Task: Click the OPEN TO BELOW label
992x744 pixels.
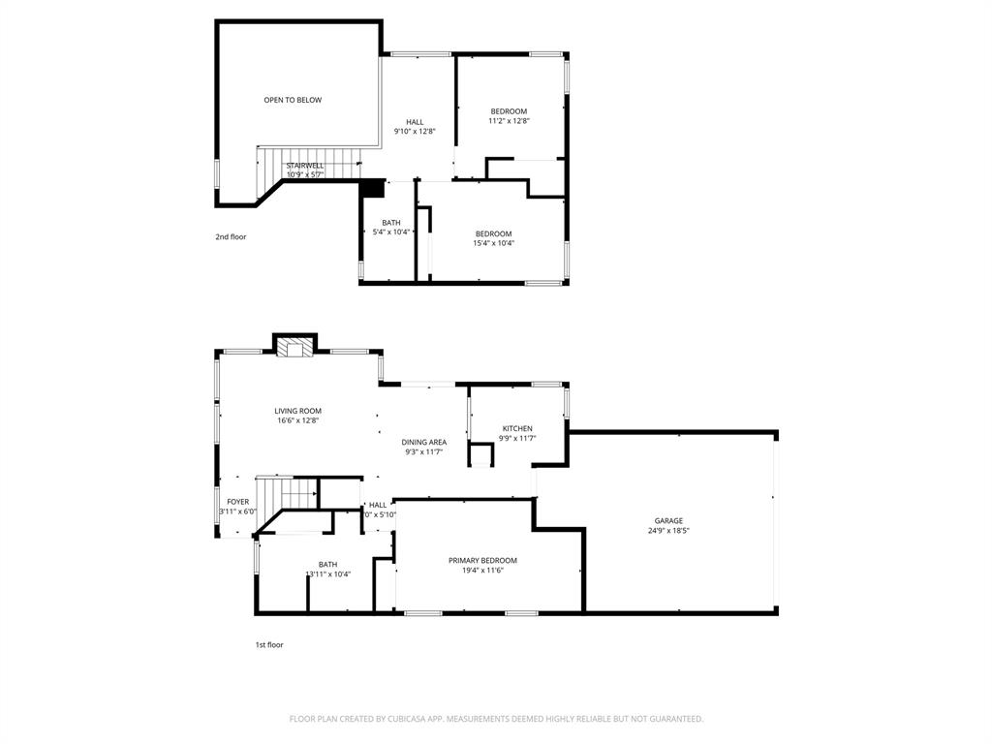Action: coord(293,100)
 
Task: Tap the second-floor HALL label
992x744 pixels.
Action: coord(415,122)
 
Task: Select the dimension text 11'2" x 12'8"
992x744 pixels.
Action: coord(509,121)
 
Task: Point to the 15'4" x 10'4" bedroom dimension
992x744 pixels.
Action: coord(493,243)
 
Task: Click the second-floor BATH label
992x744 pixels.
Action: coord(390,223)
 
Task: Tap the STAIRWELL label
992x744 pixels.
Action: coord(304,166)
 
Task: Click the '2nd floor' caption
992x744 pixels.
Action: coord(231,236)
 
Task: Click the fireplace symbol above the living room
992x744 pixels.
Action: coord(296,346)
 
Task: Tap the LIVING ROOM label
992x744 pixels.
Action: coord(297,411)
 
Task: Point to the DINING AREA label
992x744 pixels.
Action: coord(424,442)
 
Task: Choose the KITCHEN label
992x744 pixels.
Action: coord(516,428)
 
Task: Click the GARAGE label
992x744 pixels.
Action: coord(668,520)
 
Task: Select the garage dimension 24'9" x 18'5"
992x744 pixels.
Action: coord(668,531)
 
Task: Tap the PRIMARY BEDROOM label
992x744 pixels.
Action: coord(482,560)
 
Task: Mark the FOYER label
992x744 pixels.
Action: coord(238,502)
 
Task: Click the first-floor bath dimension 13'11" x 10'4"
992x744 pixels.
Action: coord(328,574)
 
